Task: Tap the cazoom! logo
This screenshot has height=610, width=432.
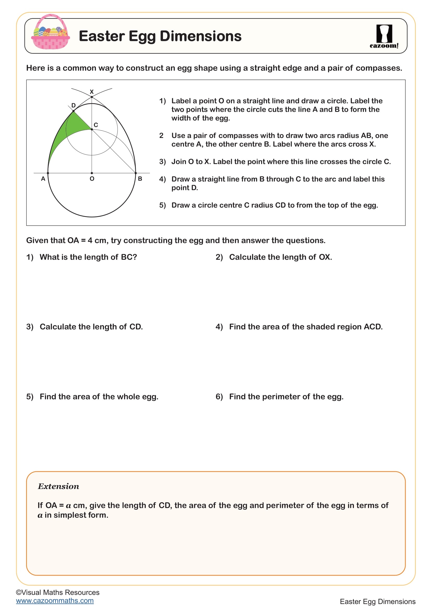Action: tap(384, 37)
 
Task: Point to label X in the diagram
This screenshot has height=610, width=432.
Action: tap(92, 92)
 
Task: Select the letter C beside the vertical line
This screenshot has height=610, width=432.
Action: tap(96, 125)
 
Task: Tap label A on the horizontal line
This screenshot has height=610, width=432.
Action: tap(43, 179)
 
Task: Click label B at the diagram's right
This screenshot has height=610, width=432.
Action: tap(140, 179)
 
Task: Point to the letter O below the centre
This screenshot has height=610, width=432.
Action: tap(92, 179)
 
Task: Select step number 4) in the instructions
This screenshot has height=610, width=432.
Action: tap(162, 179)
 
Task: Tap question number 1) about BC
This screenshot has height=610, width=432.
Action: tap(30, 257)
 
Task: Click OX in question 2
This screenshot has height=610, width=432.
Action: tap(325, 257)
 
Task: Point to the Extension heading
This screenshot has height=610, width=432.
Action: tap(58, 486)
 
